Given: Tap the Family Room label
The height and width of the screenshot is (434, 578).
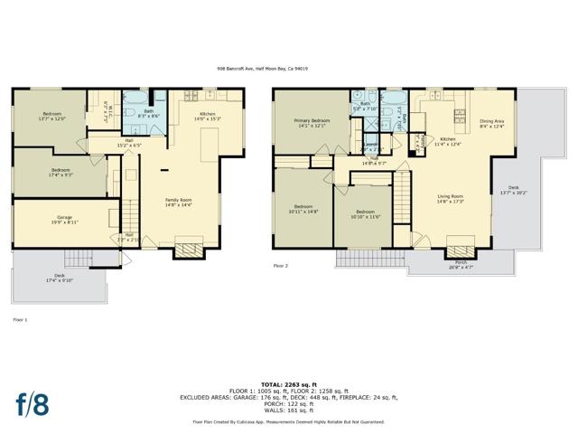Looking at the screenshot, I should (178, 202).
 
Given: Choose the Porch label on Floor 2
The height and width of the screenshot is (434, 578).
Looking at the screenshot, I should (461, 264).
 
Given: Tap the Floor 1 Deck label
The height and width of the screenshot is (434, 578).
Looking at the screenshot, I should (60, 278).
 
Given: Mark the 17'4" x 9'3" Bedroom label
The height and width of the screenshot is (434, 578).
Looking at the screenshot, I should (61, 172).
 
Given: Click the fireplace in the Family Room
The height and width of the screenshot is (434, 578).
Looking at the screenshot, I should (189, 250).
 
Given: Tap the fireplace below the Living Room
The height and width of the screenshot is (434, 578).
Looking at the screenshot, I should (461, 247).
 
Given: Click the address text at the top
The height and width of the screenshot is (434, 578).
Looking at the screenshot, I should (288, 67).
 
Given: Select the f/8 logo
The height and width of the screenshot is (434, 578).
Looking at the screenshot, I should (32, 403).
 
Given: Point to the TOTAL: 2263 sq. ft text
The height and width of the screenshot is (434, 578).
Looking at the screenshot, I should (288, 383).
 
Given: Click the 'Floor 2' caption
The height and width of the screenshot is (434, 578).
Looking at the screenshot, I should (281, 266).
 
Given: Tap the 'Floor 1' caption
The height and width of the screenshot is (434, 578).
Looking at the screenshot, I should (20, 320).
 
